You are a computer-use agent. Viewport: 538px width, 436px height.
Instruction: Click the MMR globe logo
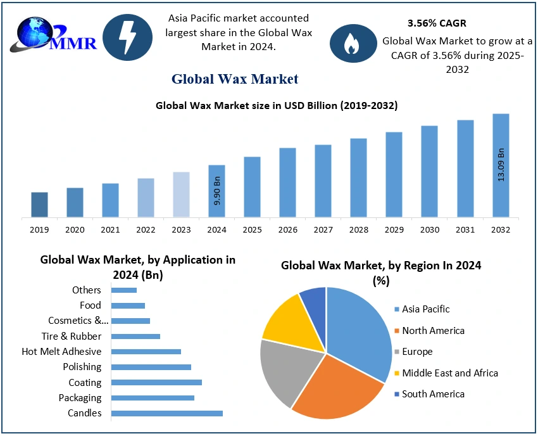(53, 35)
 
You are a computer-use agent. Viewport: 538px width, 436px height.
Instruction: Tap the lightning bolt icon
(127, 37)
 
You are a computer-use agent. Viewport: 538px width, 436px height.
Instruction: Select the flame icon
(353, 43)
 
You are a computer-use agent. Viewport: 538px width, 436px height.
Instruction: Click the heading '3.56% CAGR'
(437, 23)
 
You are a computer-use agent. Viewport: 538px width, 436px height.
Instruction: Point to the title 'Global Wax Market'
(235, 79)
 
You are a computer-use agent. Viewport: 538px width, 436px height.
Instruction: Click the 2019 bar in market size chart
(39, 205)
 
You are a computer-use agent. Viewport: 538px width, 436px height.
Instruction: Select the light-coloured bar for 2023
(181, 195)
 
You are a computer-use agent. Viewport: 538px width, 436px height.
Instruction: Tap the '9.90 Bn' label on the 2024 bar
(217, 191)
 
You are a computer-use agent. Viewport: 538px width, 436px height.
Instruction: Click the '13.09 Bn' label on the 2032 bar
(501, 165)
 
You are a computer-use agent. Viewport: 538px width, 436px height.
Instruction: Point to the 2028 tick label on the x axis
(358, 229)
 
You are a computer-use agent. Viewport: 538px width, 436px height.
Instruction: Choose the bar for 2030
(430, 172)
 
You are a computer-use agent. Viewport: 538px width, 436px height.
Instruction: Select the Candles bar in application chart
(166, 413)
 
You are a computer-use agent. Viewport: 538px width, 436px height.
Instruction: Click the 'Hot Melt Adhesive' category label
(62, 352)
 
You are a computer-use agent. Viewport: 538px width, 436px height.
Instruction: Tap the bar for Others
(124, 290)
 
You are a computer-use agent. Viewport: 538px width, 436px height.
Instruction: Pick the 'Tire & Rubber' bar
(135, 337)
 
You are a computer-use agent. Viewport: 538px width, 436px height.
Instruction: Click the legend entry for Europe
(413, 352)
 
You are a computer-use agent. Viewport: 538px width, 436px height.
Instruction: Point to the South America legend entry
(430, 394)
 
